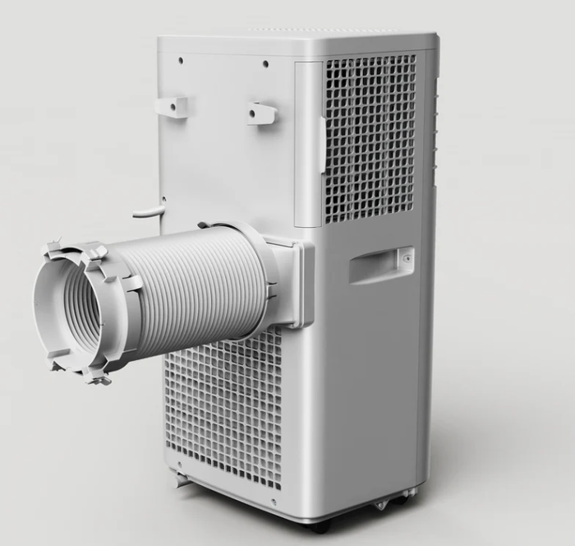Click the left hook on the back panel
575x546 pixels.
tap(171, 107)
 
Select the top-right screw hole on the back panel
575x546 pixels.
tap(264, 64)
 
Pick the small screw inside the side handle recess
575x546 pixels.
tap(405, 257)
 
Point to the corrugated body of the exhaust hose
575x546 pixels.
tap(197, 284)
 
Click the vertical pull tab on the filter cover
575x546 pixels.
tap(323, 144)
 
